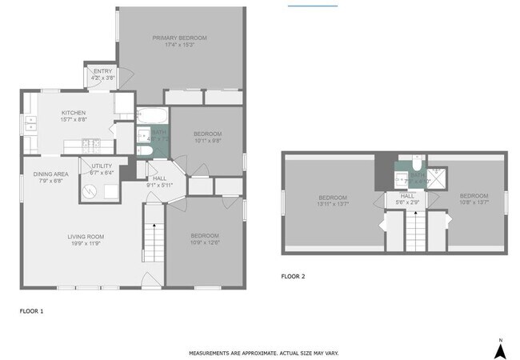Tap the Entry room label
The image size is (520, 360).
click(x=103, y=74)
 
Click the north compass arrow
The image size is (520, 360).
click(x=500, y=348)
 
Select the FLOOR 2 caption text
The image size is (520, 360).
click(x=293, y=277)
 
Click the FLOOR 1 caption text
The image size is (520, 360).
click(x=31, y=310)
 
